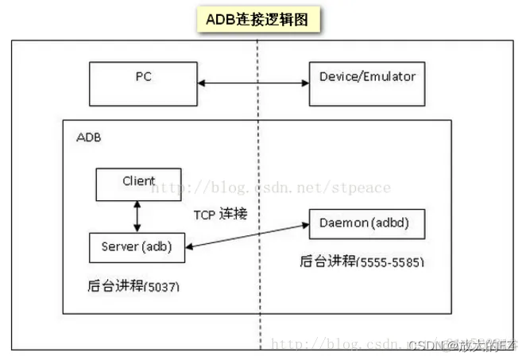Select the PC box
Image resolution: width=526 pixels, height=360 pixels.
143,83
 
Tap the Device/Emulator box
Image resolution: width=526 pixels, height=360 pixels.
366,83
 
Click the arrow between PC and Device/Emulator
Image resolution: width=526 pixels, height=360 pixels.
252,83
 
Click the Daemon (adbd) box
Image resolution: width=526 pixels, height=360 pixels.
367,225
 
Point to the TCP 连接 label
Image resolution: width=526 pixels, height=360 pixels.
220,215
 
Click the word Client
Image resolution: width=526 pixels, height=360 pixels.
139,181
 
